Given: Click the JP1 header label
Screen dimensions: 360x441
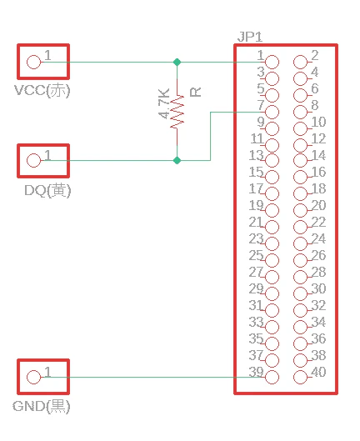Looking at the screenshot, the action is click(x=250, y=38).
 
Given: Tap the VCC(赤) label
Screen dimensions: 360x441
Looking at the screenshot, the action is click(x=42, y=90).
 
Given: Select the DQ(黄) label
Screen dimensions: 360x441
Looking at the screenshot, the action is click(x=47, y=190).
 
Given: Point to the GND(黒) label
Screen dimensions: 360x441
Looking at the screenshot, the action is click(x=42, y=406).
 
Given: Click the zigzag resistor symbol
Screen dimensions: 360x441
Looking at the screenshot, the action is click(x=177, y=112).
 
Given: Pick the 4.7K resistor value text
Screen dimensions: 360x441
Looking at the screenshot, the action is click(x=164, y=103).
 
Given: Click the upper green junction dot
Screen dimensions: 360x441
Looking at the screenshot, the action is click(x=177, y=63).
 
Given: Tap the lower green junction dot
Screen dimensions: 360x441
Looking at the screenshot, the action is click(x=177, y=161).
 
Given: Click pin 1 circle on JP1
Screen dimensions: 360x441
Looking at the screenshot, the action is click(x=272, y=63).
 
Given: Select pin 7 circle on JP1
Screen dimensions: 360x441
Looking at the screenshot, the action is click(x=272, y=113).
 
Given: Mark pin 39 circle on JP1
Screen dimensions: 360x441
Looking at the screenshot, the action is click(x=272, y=377).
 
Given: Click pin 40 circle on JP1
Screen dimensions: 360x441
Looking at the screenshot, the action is click(x=300, y=377).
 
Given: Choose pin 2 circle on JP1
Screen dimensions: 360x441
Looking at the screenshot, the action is click(x=300, y=63).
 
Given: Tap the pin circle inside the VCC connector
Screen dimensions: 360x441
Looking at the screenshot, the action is click(x=33, y=63).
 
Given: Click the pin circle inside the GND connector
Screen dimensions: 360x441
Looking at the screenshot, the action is click(x=33, y=377).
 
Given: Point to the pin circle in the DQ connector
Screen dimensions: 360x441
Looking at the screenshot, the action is click(x=33, y=161).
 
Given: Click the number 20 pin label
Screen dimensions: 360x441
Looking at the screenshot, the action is click(x=318, y=205).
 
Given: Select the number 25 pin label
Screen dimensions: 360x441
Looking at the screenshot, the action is click(x=256, y=255).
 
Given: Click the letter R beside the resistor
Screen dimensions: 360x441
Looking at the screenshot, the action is click(x=196, y=93).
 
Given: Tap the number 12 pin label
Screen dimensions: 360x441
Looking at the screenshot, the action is click(x=318, y=138).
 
